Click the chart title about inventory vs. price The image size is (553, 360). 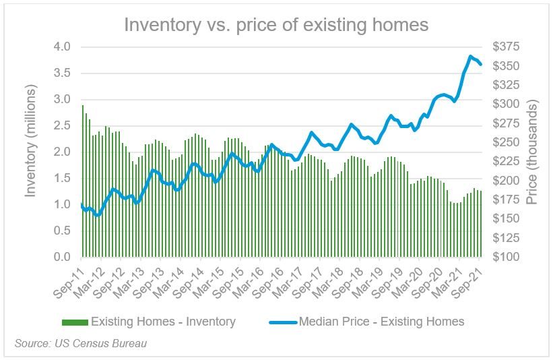click(x=276, y=25)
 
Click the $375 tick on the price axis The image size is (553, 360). click(x=505, y=47)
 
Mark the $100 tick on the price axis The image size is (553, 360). click(x=505, y=258)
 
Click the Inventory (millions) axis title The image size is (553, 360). click(x=30, y=142)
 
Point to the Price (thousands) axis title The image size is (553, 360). click(x=532, y=152)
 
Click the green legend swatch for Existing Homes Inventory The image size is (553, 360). click(x=73, y=322)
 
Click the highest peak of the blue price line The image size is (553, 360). click(x=470, y=56)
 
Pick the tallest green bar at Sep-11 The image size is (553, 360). click(x=83, y=182)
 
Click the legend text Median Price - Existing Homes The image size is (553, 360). click(x=381, y=322)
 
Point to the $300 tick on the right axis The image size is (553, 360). click(x=505, y=104)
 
